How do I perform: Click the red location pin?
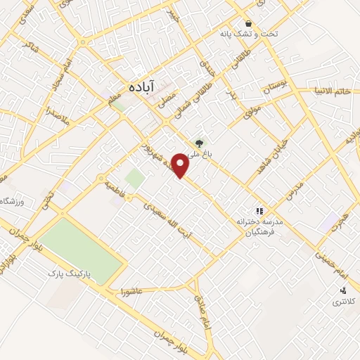(181, 165)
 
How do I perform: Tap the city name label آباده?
(141, 86)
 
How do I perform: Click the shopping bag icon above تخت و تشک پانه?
(247, 22)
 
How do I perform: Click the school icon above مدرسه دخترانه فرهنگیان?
(259, 210)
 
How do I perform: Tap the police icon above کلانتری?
(343, 290)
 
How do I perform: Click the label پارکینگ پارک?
(71, 271)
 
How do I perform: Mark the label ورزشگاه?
(13, 202)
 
